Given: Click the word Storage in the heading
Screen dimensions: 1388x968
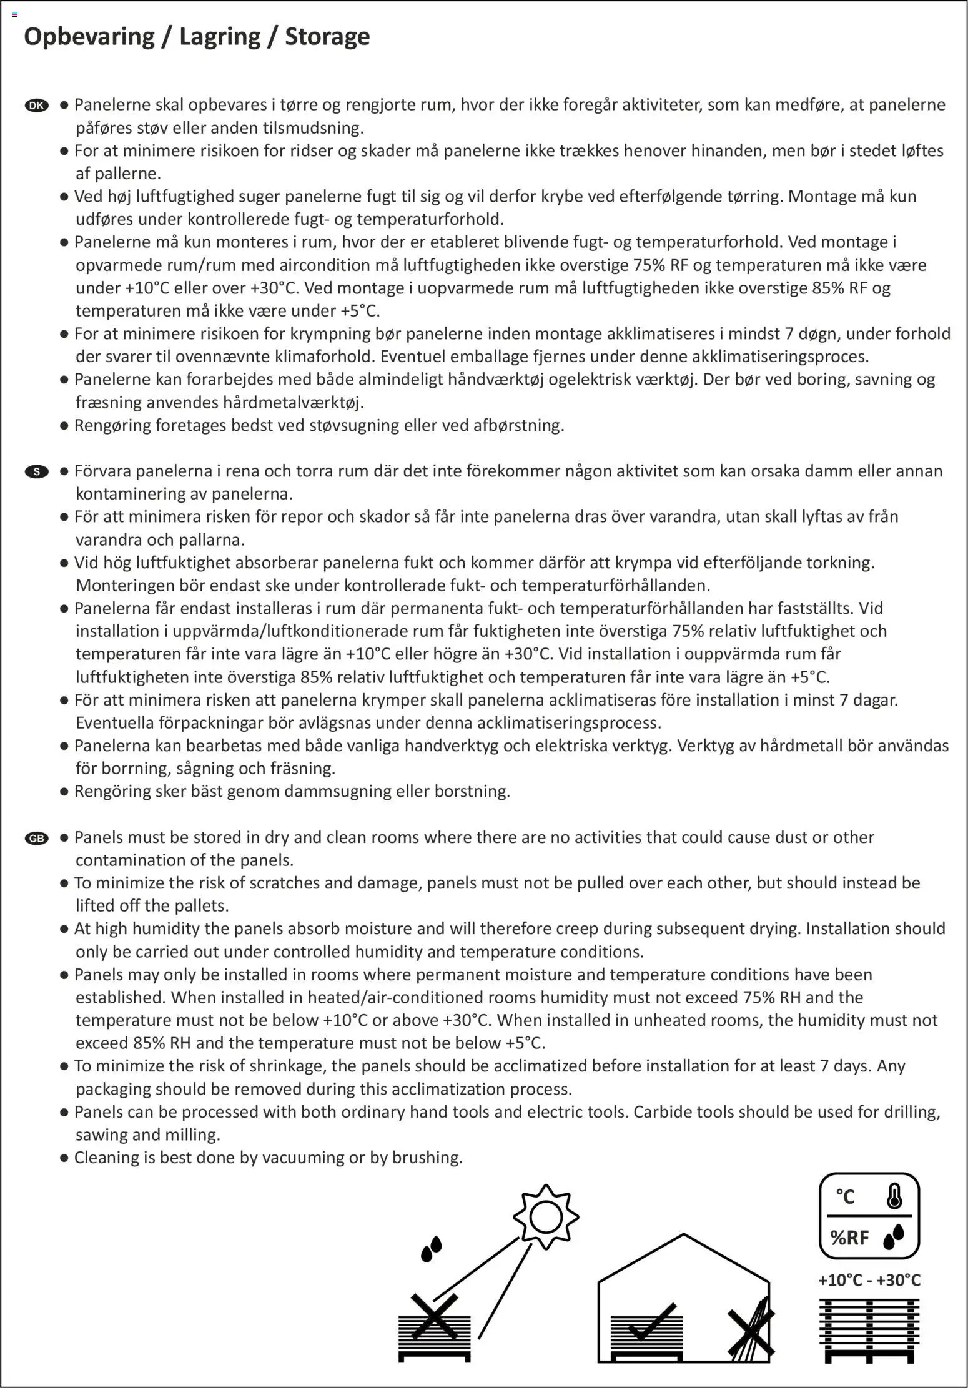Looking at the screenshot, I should click(x=327, y=36).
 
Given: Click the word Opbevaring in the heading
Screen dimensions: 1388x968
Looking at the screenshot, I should click(x=89, y=36).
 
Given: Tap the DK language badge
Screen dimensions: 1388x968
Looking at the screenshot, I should click(x=37, y=106).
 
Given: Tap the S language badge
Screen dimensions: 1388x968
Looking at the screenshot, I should click(x=37, y=471).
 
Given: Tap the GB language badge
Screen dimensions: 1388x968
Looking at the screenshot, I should click(x=37, y=838).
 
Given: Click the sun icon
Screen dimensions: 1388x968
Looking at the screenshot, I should click(x=546, y=1217).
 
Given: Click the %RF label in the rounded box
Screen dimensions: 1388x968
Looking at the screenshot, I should click(x=849, y=1237).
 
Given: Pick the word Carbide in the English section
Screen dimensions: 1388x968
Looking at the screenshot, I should click(x=662, y=1112).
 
